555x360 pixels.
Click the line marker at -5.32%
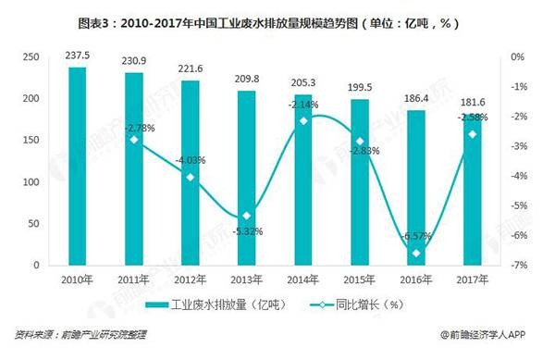[x=247, y=216]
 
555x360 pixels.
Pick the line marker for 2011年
[x=135, y=140]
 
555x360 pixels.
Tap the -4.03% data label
[x=191, y=160]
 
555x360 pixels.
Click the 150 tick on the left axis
[x=38, y=141]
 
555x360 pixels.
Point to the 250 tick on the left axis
[x=38, y=57]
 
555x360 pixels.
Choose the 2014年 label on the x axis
[x=303, y=279]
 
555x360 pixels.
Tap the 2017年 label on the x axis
[x=472, y=279]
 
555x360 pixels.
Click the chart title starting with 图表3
[x=277, y=19]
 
